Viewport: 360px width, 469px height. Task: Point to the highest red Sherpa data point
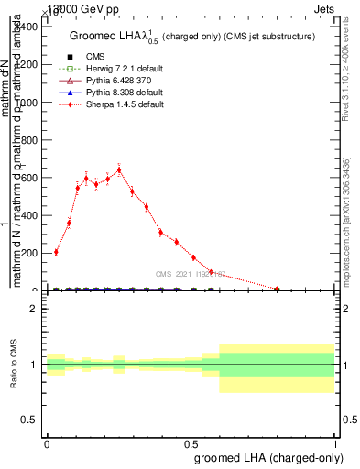pyautogui.click(x=119, y=169)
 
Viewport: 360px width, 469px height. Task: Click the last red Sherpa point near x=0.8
pyautogui.click(x=278, y=289)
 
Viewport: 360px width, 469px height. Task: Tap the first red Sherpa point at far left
pyautogui.click(x=56, y=252)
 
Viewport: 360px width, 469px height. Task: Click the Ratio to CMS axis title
pyautogui.click(x=14, y=365)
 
